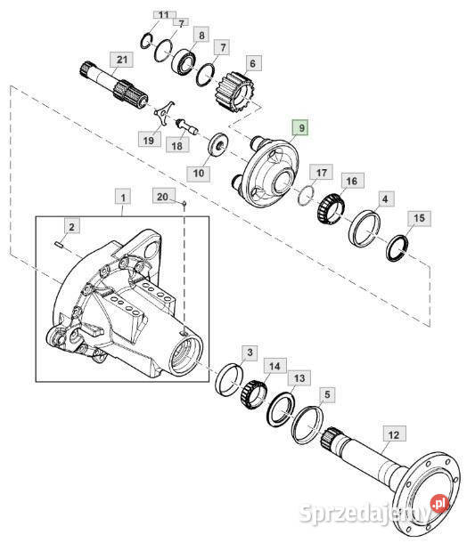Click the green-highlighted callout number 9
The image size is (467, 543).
[301, 128]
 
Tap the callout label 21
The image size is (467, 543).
[122, 60]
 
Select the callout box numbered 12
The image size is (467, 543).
[394, 435]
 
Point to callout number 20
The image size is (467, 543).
[163, 197]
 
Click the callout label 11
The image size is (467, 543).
[164, 15]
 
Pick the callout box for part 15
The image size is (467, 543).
[419, 218]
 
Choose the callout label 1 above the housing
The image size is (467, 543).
[123, 199]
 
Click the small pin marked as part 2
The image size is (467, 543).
[59, 245]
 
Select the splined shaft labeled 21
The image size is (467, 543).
[113, 85]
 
